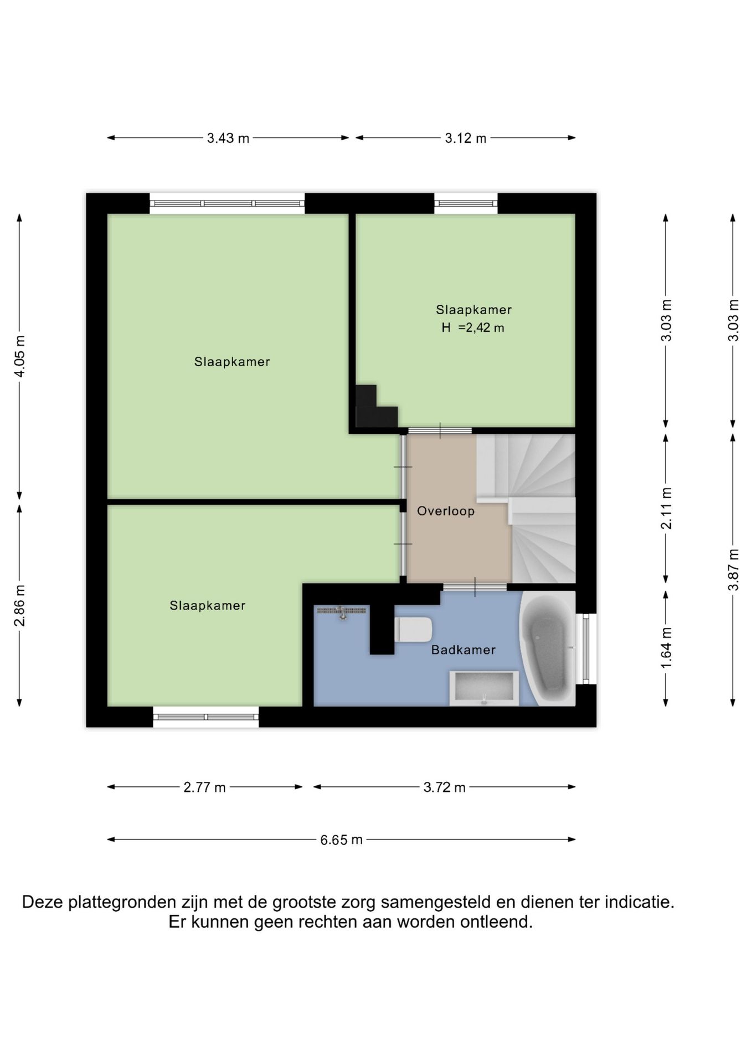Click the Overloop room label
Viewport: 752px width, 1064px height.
coord(446,511)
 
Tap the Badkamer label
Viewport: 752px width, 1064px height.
coord(463,649)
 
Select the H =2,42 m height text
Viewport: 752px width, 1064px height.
coord(473,328)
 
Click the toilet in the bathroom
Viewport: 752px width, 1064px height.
coord(413,630)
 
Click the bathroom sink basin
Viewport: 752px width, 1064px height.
coord(484,688)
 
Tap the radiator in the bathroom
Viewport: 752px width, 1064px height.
coord(342,611)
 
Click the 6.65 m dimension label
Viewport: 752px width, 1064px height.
coord(341,840)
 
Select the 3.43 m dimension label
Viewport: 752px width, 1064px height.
coord(228,138)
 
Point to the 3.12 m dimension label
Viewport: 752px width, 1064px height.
coord(466,138)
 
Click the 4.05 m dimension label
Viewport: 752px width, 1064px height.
coord(19,356)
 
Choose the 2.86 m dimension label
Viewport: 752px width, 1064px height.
coord(19,606)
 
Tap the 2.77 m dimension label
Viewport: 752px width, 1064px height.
coord(205,787)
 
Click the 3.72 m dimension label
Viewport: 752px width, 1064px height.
coord(445,787)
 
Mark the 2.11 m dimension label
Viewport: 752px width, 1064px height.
coord(666,508)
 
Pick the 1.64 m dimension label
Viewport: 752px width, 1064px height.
coord(666,648)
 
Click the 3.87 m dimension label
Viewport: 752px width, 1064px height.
coord(733,570)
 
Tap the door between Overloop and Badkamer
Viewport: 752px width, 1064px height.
coord(475,587)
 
